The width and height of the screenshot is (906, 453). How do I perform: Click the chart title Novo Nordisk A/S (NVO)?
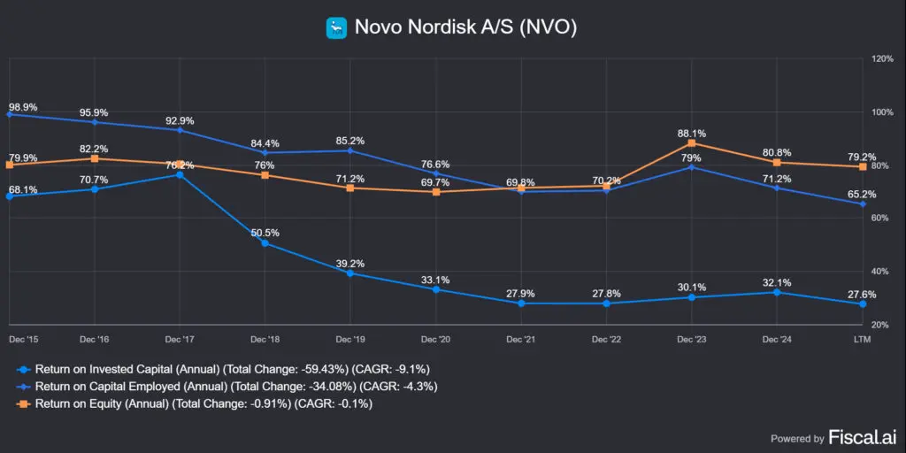465,27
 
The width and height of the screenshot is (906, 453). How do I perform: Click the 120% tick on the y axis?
882,59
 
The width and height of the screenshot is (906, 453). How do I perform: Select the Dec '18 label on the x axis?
265,339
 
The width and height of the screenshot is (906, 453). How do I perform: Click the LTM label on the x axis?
862,339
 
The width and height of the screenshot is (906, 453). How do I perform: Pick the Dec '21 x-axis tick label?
521,339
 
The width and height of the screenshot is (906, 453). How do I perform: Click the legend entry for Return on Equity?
203,404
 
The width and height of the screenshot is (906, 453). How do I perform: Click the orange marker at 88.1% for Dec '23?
691,143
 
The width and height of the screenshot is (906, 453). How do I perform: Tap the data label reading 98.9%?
23,107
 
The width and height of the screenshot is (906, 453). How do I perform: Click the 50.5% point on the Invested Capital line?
265,242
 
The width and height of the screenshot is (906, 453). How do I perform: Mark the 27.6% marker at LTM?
862,303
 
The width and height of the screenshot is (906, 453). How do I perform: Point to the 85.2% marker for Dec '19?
350,150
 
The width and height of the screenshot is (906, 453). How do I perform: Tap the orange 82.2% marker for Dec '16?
95,158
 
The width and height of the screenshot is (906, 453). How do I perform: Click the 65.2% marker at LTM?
862,203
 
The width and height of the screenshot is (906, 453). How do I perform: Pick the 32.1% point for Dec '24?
777,292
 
